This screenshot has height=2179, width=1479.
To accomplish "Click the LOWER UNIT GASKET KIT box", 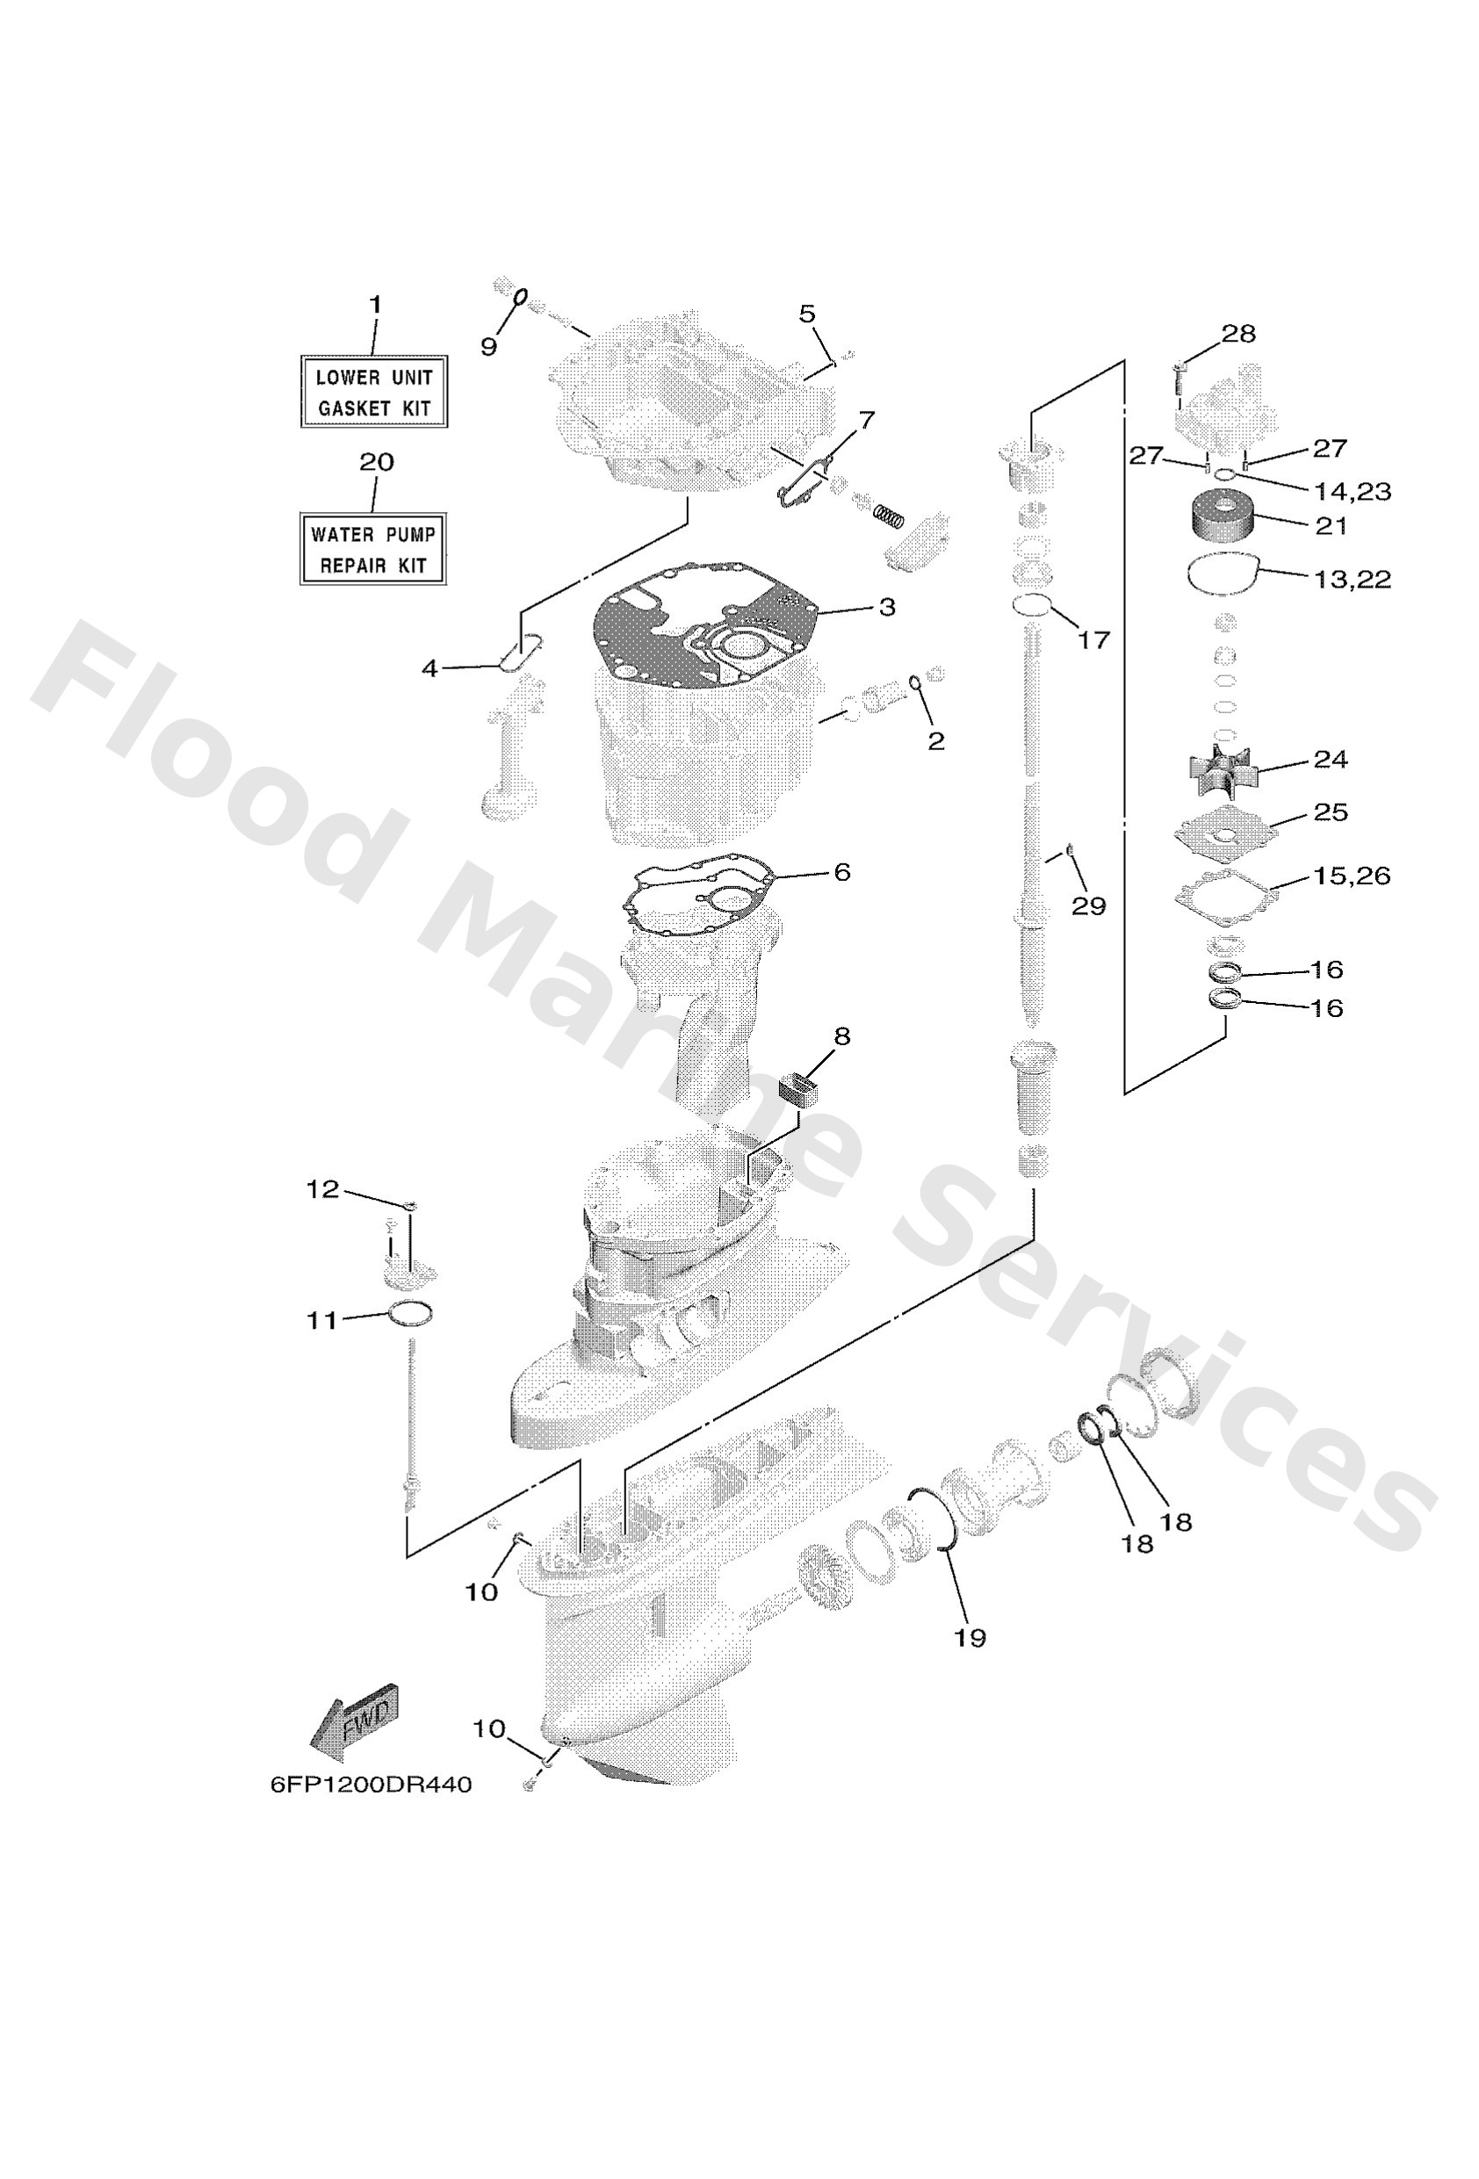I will (373, 392).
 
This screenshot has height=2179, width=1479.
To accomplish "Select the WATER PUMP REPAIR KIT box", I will (372, 550).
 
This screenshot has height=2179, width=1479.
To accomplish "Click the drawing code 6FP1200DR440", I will (371, 1786).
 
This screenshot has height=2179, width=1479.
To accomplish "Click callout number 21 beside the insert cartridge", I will (1330, 526).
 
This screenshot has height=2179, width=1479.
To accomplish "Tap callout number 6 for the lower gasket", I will (841, 872).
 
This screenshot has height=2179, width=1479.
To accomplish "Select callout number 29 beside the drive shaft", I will (1088, 906).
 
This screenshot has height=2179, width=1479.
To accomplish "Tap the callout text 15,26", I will (1351, 876).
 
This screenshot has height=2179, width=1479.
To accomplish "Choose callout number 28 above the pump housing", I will (1238, 334).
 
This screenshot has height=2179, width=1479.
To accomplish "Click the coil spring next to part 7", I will (888, 514).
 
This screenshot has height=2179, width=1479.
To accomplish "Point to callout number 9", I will (488, 347).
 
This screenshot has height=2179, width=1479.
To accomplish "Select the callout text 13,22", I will (1352, 580).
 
